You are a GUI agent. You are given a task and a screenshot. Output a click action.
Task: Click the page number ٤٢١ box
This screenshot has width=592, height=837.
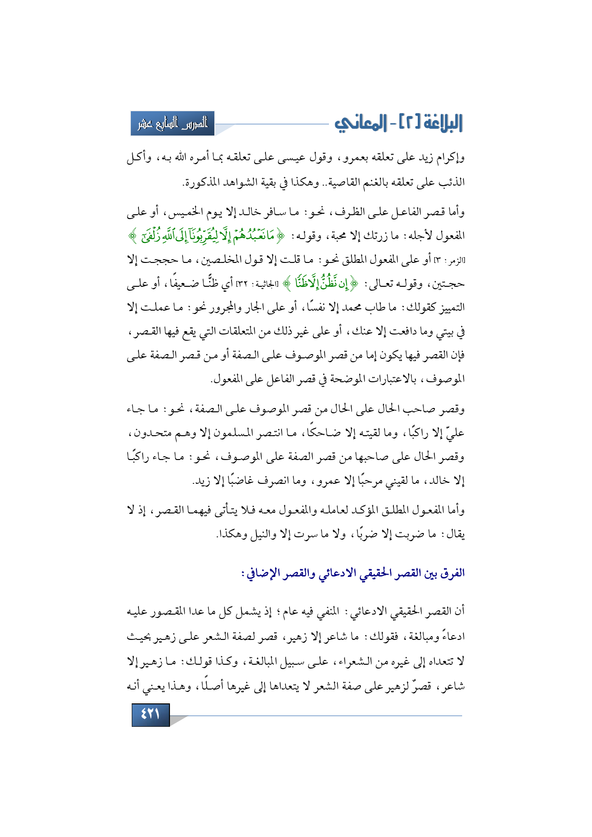150,715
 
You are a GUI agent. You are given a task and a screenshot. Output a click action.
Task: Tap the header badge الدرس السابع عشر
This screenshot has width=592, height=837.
172,124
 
